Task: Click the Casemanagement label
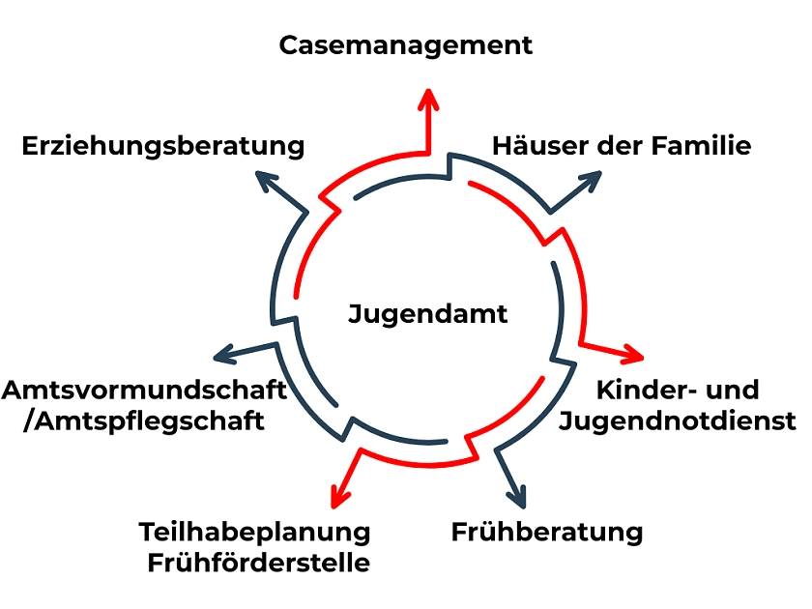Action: [406, 45]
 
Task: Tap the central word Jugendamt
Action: [427, 314]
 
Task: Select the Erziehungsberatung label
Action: [162, 147]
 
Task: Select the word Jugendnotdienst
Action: [678, 421]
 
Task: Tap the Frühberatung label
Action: [547, 532]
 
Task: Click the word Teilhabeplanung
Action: [254, 533]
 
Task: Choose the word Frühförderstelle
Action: [259, 563]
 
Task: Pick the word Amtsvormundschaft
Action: [144, 391]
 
